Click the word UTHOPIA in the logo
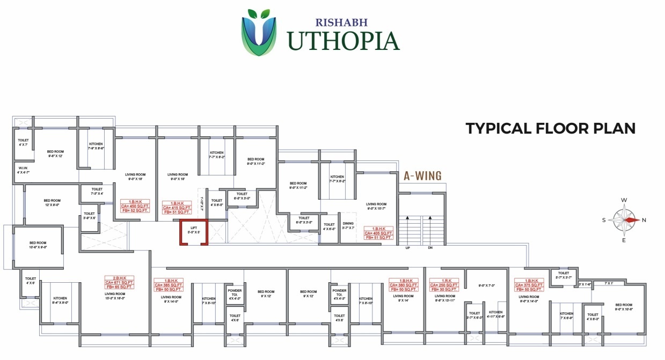click(x=343, y=41)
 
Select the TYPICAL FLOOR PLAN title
click(x=550, y=128)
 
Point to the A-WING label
click(x=422, y=175)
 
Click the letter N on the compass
click(x=644, y=220)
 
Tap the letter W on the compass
click(x=624, y=200)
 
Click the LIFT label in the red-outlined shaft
click(x=194, y=228)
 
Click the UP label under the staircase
click(x=407, y=247)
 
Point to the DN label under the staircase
click(x=430, y=247)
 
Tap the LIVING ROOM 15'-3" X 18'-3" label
click(x=115, y=296)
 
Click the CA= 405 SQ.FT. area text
click(x=379, y=233)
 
